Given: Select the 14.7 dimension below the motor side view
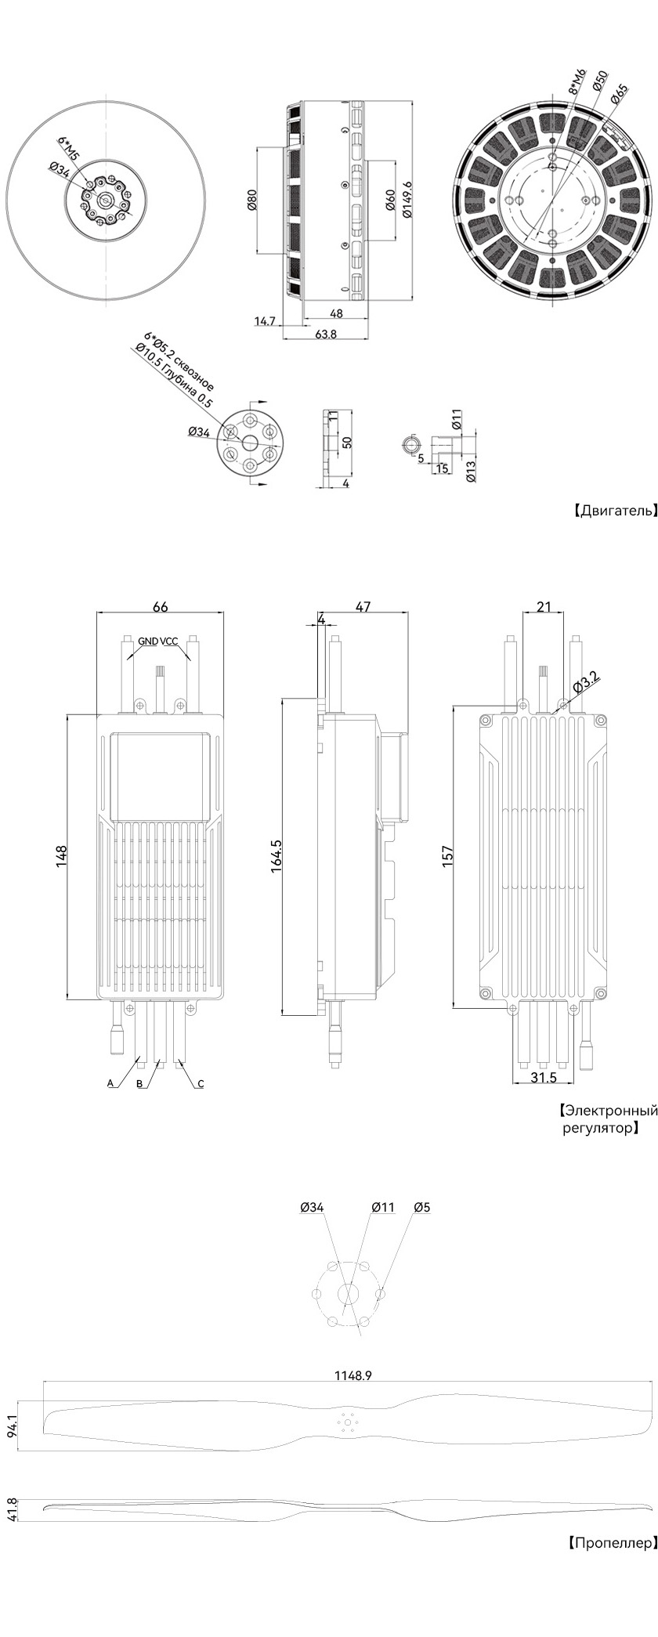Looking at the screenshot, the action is click(266, 320).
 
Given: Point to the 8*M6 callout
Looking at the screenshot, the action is click(577, 81).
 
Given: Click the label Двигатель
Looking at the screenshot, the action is click(615, 511).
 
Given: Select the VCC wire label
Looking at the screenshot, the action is click(169, 641).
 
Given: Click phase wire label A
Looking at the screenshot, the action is click(110, 1083).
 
